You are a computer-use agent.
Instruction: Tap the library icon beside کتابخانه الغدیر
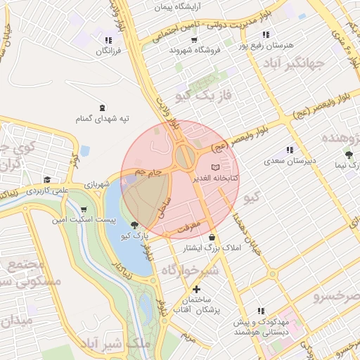coord(215,167)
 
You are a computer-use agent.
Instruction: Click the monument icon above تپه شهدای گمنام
coord(103,108)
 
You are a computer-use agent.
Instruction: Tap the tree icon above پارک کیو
coord(134,225)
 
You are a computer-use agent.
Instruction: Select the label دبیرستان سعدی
coord(288,161)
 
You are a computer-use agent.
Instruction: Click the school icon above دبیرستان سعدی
coord(289,150)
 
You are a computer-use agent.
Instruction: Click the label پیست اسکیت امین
coord(79,220)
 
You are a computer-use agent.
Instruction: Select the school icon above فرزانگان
coord(107,40)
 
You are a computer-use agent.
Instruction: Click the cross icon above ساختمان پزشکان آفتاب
coord(196,289)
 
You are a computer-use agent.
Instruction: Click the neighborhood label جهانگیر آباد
coord(295,65)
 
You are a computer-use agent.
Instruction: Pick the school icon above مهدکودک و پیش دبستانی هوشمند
coord(261,310)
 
